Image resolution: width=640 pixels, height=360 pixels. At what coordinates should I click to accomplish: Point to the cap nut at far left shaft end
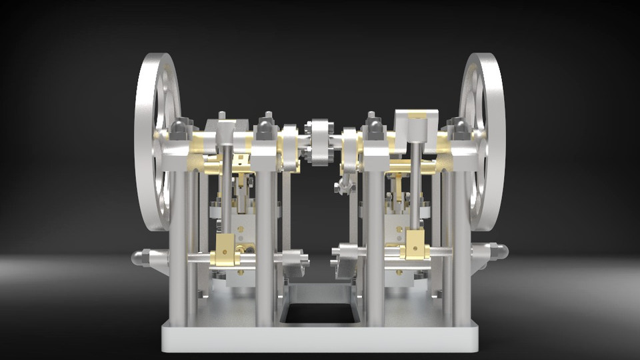[141, 258]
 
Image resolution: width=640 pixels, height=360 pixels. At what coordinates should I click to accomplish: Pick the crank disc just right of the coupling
[349, 148]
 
